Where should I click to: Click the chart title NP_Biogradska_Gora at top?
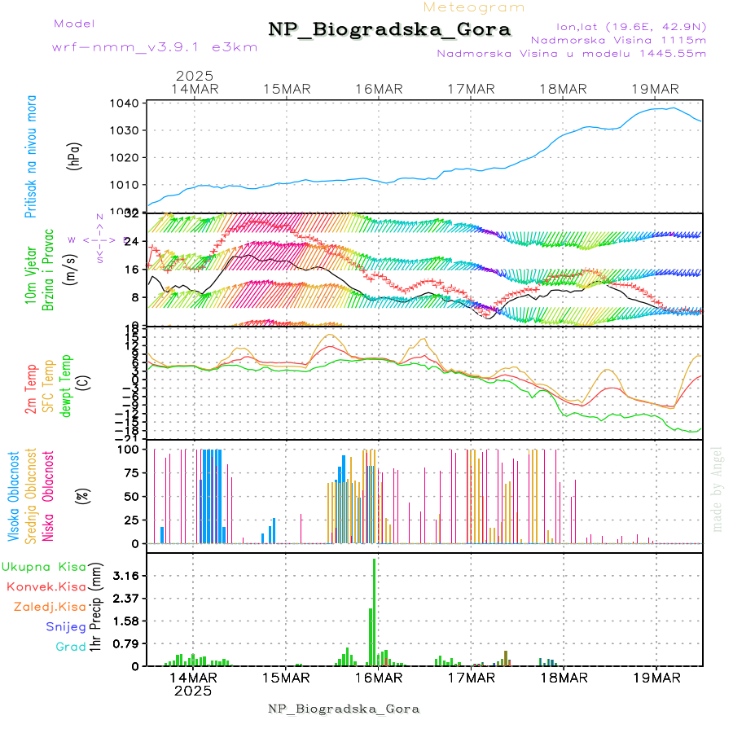click(389, 30)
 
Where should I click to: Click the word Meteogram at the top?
click(475, 7)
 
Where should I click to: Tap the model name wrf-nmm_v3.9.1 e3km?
click(154, 46)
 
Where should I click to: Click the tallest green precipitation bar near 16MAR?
click(374, 611)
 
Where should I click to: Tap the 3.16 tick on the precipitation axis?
click(126, 576)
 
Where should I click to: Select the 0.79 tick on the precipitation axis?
click(126, 644)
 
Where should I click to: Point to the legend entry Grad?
click(71, 647)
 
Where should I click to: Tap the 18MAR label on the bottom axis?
click(563, 678)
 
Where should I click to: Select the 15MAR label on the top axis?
click(287, 89)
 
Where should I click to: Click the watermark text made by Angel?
click(717, 489)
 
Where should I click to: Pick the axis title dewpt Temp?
click(64, 385)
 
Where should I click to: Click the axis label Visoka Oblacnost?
click(14, 497)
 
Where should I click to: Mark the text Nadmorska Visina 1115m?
click(618, 39)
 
